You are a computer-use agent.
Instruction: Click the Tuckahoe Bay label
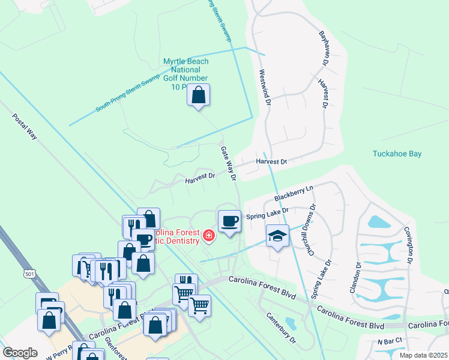pos(397,154)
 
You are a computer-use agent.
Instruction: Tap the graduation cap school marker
pos(277,236)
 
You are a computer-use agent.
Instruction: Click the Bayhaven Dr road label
pos(325,47)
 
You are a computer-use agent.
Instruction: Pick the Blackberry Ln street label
pos(294,193)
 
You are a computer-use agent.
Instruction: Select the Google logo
pos(20,353)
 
